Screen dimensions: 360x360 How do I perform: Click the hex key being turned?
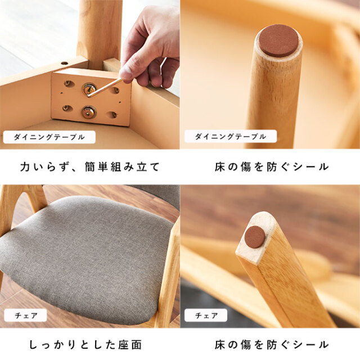[105, 87]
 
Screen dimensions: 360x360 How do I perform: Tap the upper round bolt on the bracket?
[89, 88]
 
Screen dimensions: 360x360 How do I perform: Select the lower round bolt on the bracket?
[89, 112]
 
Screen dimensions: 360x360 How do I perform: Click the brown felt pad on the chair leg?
[255, 237]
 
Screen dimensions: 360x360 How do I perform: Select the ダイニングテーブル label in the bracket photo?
[49, 137]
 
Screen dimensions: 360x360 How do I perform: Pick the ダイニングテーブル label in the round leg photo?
[231, 136]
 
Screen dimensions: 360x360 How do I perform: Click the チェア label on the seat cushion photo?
[25, 316]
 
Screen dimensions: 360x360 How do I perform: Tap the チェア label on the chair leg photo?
[206, 315]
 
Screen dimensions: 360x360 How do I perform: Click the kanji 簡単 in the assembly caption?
[96, 167]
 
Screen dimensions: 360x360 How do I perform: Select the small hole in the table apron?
[65, 63]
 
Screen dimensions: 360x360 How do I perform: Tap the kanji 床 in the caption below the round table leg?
[220, 167]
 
